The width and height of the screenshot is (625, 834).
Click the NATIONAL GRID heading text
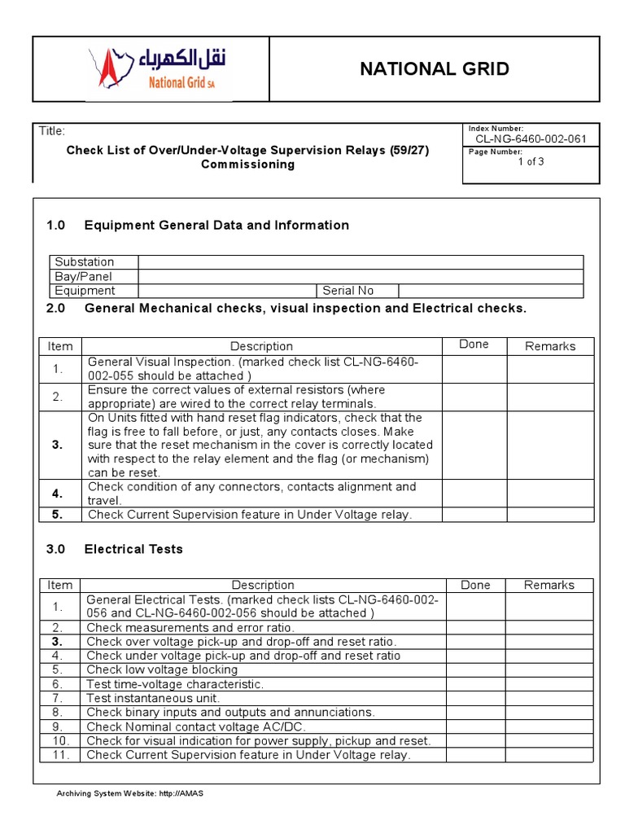tap(435, 69)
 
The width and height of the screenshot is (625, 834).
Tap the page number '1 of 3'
tap(531, 161)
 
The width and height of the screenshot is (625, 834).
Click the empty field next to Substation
tap(361, 262)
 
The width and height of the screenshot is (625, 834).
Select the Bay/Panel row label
tap(83, 276)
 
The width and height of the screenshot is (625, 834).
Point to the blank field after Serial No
tap(490, 291)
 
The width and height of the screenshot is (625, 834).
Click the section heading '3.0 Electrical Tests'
tap(115, 549)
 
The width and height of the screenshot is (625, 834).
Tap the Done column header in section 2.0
tap(474, 345)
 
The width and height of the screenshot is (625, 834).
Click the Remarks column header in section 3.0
tap(549, 585)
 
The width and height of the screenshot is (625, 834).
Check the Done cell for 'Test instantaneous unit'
tap(475, 698)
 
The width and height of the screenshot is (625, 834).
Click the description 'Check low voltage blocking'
tap(162, 669)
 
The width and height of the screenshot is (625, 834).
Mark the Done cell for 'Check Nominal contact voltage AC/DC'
tap(475, 726)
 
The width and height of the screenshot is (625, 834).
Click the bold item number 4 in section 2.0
tap(58, 494)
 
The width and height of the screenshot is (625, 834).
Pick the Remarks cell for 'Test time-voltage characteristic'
tap(549, 684)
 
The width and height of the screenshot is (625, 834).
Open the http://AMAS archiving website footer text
tap(129, 793)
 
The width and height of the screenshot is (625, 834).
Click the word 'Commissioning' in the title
tap(247, 165)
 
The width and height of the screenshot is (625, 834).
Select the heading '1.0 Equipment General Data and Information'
tap(198, 225)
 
